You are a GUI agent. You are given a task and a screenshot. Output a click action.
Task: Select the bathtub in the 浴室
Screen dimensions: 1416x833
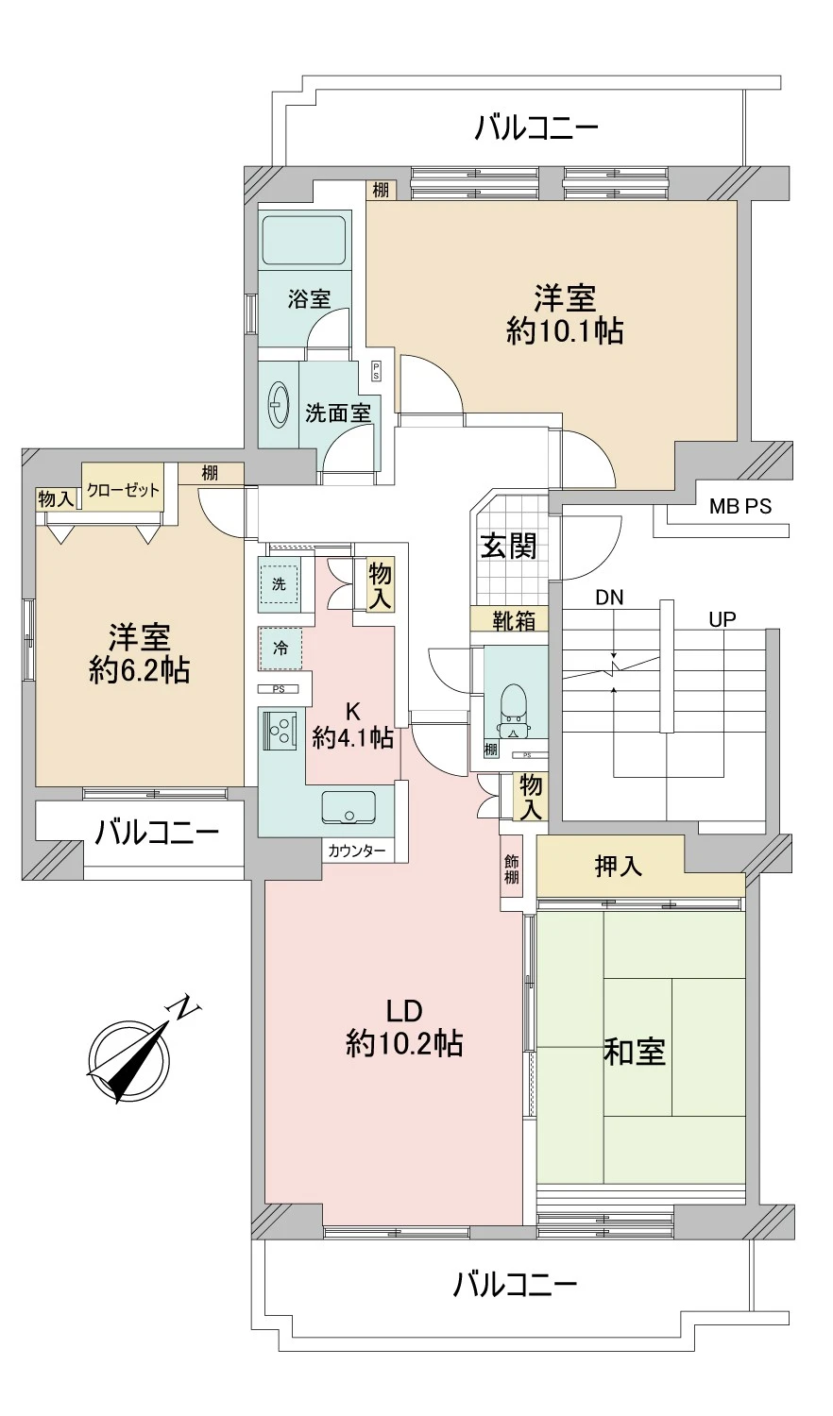pyautogui.click(x=302, y=242)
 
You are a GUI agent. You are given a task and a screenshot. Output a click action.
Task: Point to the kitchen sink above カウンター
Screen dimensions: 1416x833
pyautogui.click(x=348, y=807)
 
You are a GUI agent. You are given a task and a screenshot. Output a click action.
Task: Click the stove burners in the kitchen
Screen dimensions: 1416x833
pyautogui.click(x=280, y=730)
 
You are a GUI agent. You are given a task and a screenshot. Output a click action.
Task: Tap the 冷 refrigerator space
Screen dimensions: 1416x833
pyautogui.click(x=280, y=649)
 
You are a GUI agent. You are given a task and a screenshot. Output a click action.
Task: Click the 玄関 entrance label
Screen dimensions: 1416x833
pyautogui.click(x=509, y=546)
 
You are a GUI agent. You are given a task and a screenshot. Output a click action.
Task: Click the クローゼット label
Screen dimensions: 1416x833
pyautogui.click(x=124, y=490)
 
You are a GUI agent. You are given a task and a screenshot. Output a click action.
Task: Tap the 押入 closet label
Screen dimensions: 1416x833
pyautogui.click(x=619, y=867)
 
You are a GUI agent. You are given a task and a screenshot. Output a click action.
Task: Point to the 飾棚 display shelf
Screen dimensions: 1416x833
pyautogui.click(x=511, y=868)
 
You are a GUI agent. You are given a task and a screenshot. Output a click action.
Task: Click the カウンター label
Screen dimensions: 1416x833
pyautogui.click(x=357, y=851)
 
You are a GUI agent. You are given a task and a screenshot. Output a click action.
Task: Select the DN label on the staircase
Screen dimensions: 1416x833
pyautogui.click(x=609, y=598)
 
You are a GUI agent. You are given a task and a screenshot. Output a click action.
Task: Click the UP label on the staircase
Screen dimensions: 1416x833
pyautogui.click(x=722, y=619)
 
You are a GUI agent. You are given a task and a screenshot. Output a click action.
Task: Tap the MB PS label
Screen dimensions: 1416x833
pyautogui.click(x=740, y=507)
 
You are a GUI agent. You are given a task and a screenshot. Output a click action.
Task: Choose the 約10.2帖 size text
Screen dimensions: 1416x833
pyautogui.click(x=404, y=1043)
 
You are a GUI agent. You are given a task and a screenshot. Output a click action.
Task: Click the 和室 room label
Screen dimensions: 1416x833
pyautogui.click(x=635, y=1052)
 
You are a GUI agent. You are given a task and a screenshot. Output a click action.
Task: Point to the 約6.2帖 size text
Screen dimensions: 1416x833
pyautogui.click(x=140, y=670)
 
